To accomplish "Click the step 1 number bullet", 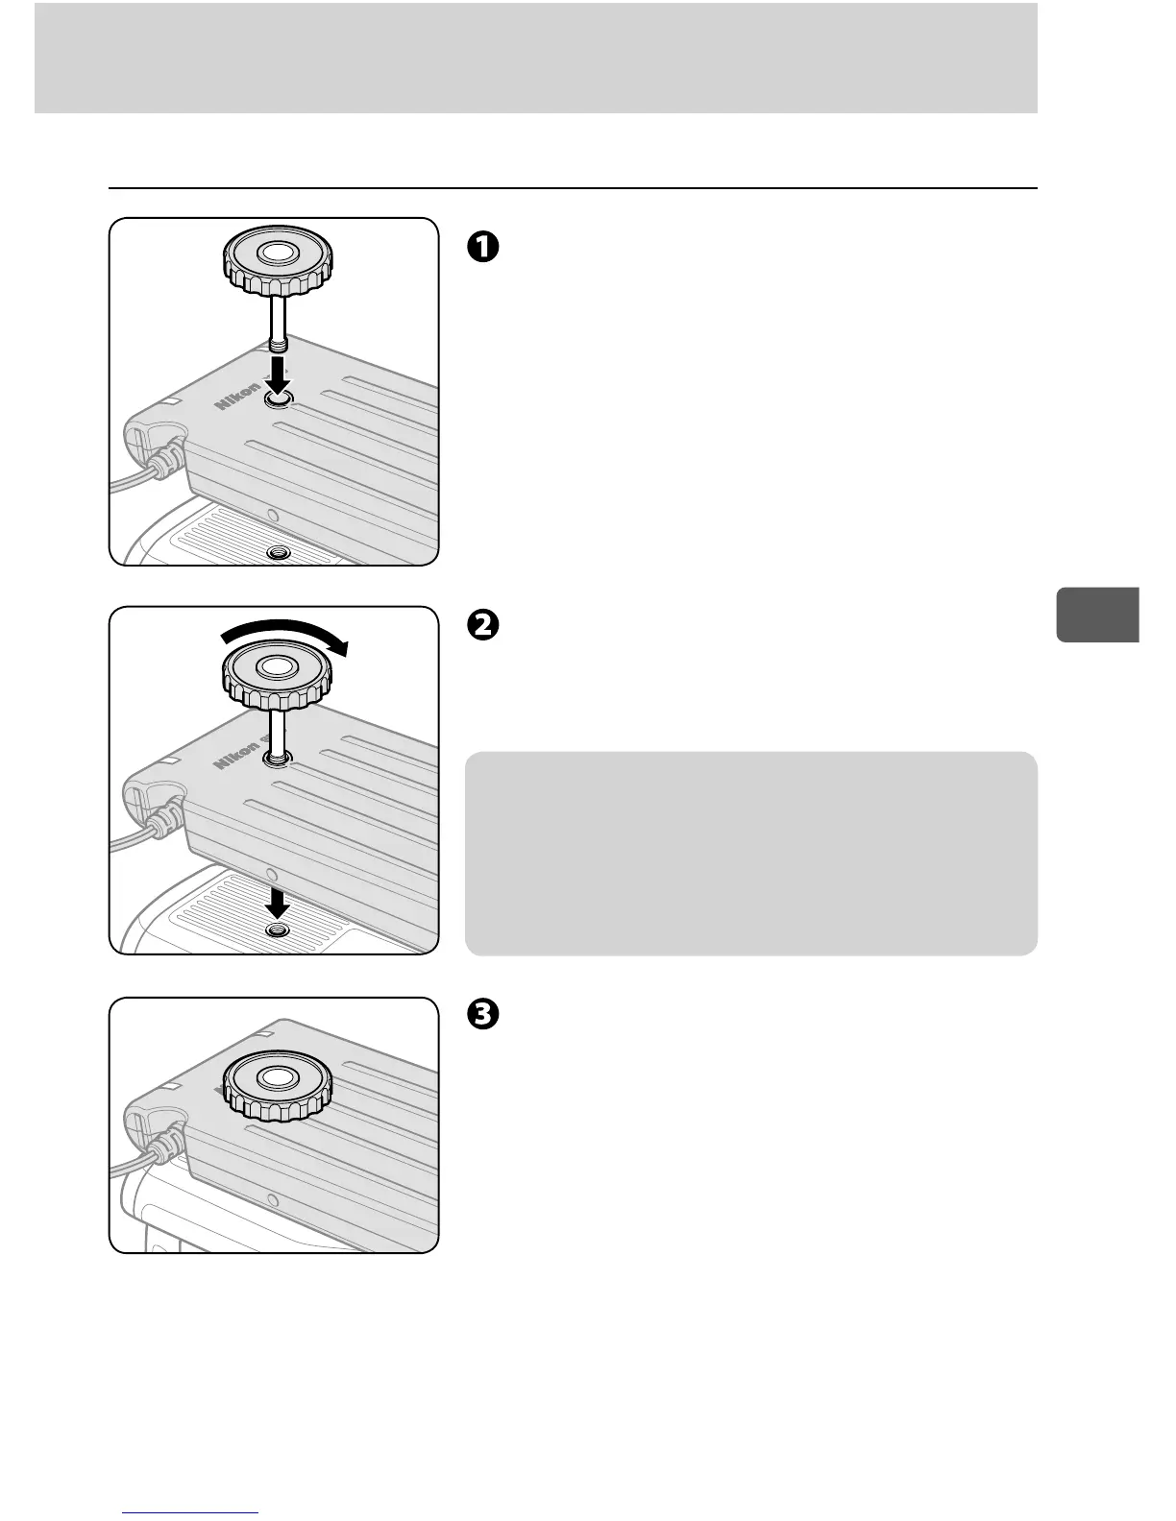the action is (x=482, y=247).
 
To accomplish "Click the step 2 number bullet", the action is (x=482, y=624).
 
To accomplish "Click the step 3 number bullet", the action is (x=482, y=1014).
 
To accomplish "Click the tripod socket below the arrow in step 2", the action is (x=279, y=931).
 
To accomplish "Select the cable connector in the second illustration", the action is (x=161, y=819).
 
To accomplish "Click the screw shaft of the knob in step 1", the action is (x=277, y=326).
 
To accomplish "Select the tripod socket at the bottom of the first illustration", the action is (x=279, y=553).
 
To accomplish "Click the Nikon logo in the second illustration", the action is (x=237, y=755).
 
